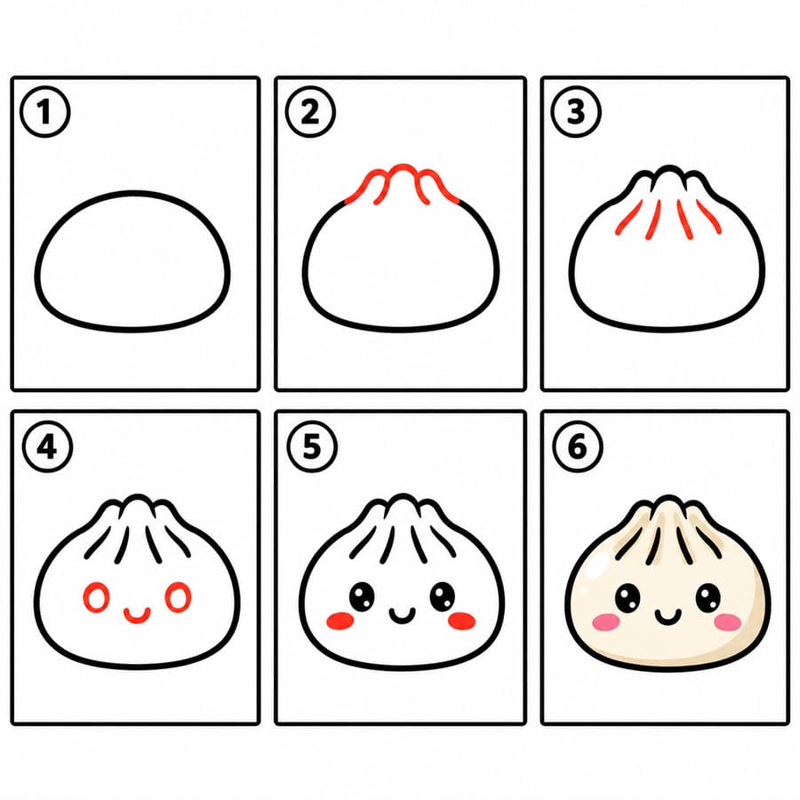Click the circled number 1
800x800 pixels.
45,112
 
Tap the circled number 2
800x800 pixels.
310,112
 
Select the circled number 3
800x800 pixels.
576,112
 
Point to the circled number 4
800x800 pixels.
47,447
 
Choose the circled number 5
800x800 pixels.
312,447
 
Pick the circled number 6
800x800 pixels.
578,447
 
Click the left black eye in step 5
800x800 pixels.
362,596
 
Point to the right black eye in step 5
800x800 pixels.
443,596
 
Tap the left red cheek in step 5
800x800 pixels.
340,620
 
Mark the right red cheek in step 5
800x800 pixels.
461,620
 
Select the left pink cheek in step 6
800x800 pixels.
606,622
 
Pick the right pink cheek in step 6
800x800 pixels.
727,622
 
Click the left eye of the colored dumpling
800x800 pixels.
628,598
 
